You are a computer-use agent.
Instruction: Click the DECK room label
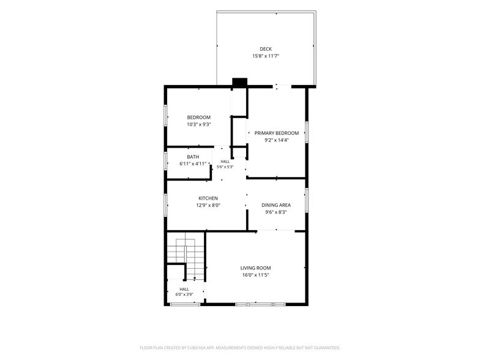pyautogui.click(x=266, y=49)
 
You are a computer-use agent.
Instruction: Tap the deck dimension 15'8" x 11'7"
pyautogui.click(x=266, y=56)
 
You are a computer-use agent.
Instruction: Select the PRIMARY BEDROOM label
pyautogui.click(x=277, y=133)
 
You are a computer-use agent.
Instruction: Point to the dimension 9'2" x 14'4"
pyautogui.click(x=277, y=140)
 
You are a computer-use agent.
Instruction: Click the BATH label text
pyautogui.click(x=193, y=157)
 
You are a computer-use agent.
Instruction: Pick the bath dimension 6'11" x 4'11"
pyautogui.click(x=193, y=164)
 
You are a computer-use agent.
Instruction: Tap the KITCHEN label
pyautogui.click(x=208, y=198)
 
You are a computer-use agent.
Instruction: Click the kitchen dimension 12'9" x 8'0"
pyautogui.click(x=208, y=206)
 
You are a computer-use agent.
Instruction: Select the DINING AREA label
pyautogui.click(x=276, y=205)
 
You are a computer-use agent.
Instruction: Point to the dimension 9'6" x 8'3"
pyautogui.click(x=276, y=212)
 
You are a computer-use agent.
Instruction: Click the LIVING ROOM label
pyautogui.click(x=256, y=268)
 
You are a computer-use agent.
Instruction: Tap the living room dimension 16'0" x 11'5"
pyautogui.click(x=256, y=275)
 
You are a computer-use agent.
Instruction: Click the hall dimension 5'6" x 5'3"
pyautogui.click(x=225, y=167)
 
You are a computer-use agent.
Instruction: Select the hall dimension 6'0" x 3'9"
pyautogui.click(x=184, y=294)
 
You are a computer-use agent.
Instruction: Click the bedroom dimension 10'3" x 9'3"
pyautogui.click(x=199, y=125)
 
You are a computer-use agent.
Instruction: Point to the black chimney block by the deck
pyautogui.click(x=240, y=82)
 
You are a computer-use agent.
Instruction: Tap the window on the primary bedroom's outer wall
pyautogui.click(x=306, y=132)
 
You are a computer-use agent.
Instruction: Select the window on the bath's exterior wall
pyautogui.click(x=165, y=161)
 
